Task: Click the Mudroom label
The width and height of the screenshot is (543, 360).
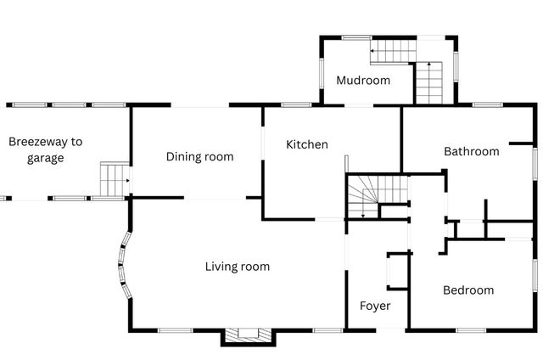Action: click(363, 81)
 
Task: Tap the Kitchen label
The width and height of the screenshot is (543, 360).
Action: click(307, 144)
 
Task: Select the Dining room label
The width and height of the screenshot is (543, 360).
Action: click(200, 156)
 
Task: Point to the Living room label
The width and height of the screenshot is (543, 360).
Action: click(238, 267)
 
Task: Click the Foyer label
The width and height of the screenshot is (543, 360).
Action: click(375, 306)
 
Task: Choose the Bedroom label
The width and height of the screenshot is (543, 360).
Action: click(468, 290)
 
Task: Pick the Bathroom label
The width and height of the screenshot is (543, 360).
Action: click(472, 151)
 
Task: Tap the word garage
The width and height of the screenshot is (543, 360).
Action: click(45, 158)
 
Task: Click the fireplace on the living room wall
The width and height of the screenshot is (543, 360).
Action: click(249, 335)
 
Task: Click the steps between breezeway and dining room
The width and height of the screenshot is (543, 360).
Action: click(115, 180)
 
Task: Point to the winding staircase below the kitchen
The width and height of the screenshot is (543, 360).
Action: click(378, 197)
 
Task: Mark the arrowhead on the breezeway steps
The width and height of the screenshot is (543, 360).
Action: click(128, 181)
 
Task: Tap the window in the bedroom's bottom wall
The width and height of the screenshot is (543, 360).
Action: click(471, 330)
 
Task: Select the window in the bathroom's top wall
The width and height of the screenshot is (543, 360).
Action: click(488, 104)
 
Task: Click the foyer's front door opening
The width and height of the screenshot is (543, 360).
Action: click(390, 330)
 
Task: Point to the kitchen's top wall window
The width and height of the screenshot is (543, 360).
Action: click(296, 104)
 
